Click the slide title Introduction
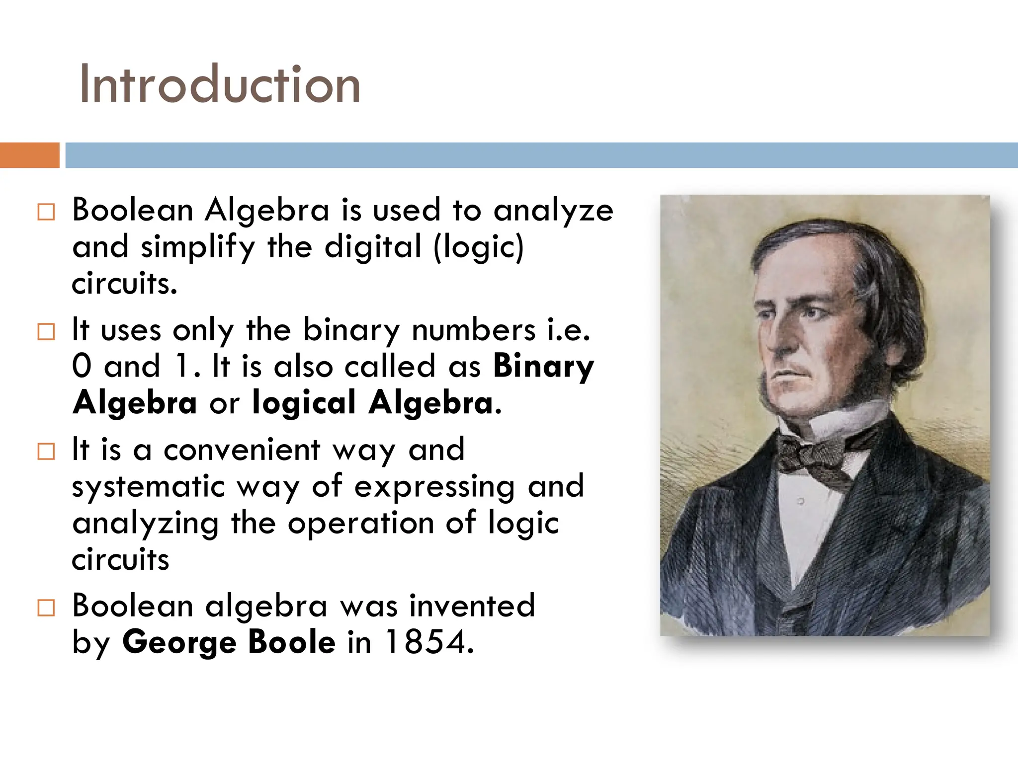(220, 84)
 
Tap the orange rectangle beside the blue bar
(29, 155)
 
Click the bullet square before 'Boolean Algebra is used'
(46, 212)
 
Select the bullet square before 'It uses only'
(46, 332)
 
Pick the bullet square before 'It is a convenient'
(46, 452)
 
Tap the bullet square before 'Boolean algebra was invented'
(46, 608)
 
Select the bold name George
(178, 643)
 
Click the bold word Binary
(543, 368)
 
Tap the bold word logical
(304, 402)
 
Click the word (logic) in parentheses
(479, 247)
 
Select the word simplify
(197, 247)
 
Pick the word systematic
(148, 487)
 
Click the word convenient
(242, 450)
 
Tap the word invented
(472, 606)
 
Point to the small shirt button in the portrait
(800, 502)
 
